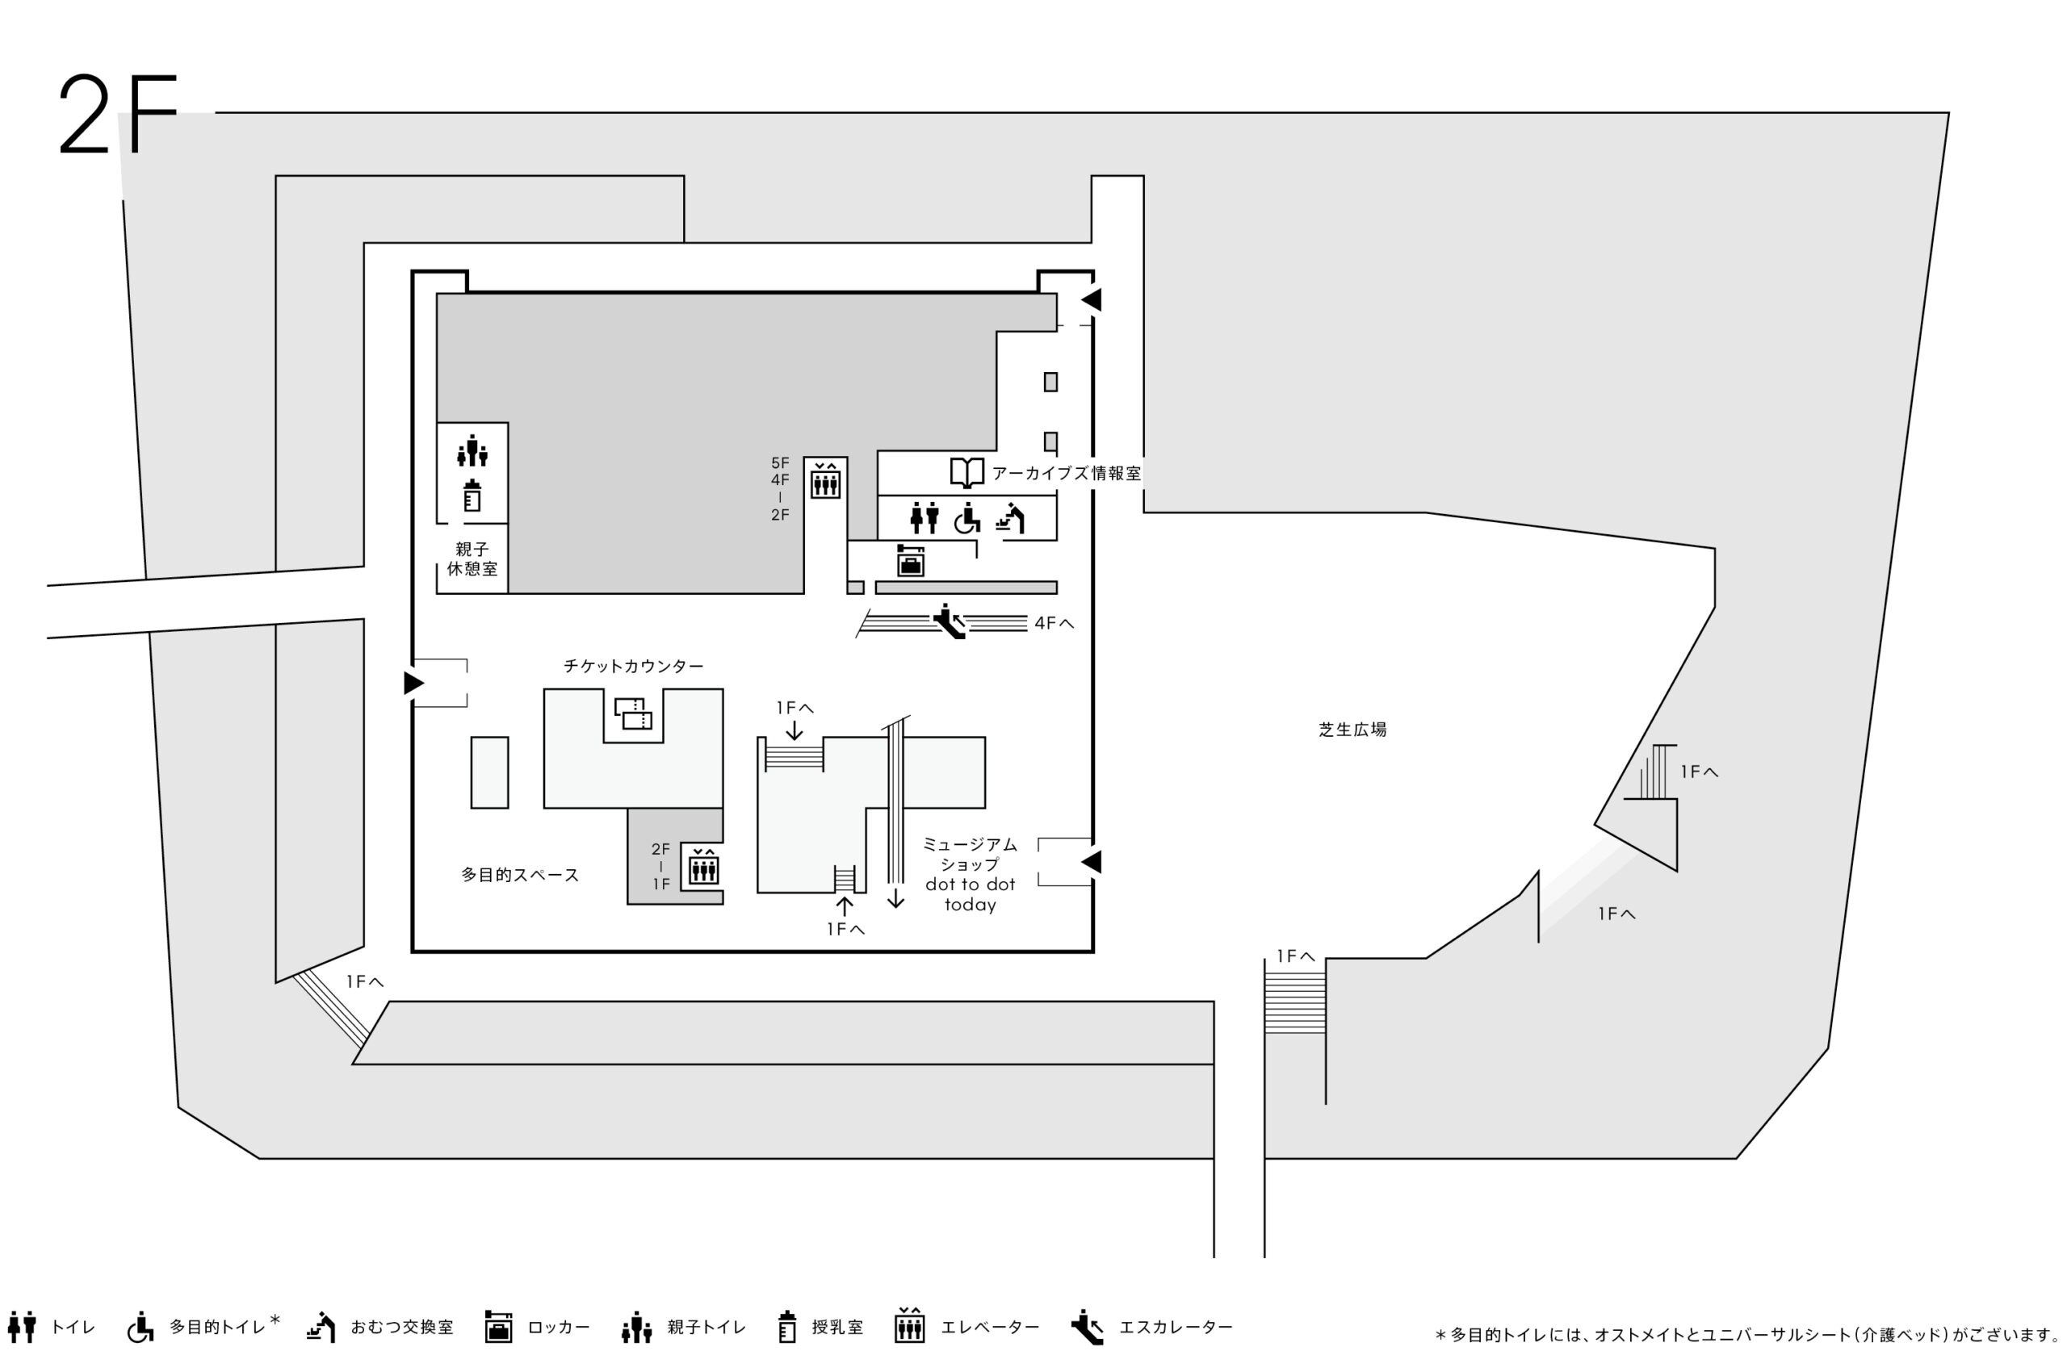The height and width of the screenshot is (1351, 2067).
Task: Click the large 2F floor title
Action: [118, 114]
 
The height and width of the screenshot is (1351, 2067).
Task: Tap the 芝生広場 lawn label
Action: [1352, 730]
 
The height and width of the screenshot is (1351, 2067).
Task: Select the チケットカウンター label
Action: [633, 666]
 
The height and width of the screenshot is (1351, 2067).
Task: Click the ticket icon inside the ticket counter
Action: [633, 713]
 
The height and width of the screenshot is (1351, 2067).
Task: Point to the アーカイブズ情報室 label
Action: [1067, 473]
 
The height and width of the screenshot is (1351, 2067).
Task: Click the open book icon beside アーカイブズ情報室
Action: [966, 472]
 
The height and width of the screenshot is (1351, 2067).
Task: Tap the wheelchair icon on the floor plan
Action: [966, 518]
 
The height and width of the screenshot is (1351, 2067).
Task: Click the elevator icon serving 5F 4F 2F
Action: [825, 480]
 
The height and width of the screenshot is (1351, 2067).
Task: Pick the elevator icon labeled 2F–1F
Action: [703, 866]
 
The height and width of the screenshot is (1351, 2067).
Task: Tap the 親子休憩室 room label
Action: [472, 559]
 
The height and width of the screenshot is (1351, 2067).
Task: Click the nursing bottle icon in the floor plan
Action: [472, 496]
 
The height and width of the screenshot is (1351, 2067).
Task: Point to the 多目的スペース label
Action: [520, 874]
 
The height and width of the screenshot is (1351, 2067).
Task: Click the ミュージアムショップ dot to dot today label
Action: [970, 874]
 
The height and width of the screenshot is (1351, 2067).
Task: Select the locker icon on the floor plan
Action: [910, 561]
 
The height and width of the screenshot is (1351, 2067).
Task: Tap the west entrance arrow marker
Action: [413, 684]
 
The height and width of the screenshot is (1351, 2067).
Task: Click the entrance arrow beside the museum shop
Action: [1092, 861]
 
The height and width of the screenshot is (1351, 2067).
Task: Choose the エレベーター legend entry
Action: [966, 1327]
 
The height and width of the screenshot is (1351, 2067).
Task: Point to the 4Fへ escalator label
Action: [1054, 622]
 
